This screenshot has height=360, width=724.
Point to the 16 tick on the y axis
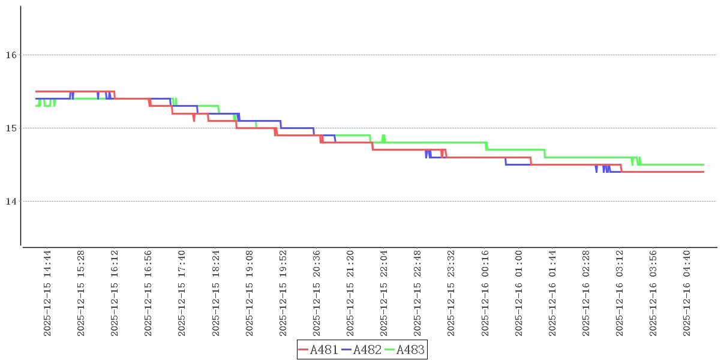pyautogui.click(x=10, y=55)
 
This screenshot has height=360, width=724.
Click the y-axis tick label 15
pyautogui.click(x=10, y=128)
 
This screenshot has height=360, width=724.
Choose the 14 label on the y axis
pyautogui.click(x=10, y=202)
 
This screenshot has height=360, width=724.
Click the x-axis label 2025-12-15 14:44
pyautogui.click(x=47, y=293)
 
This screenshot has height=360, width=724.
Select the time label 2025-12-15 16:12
pyautogui.click(x=115, y=293)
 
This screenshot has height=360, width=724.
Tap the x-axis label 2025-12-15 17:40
pyautogui.click(x=182, y=293)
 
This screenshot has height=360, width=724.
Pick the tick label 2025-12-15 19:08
pyautogui.click(x=249, y=293)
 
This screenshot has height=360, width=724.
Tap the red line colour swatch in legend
pyautogui.click(x=304, y=350)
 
